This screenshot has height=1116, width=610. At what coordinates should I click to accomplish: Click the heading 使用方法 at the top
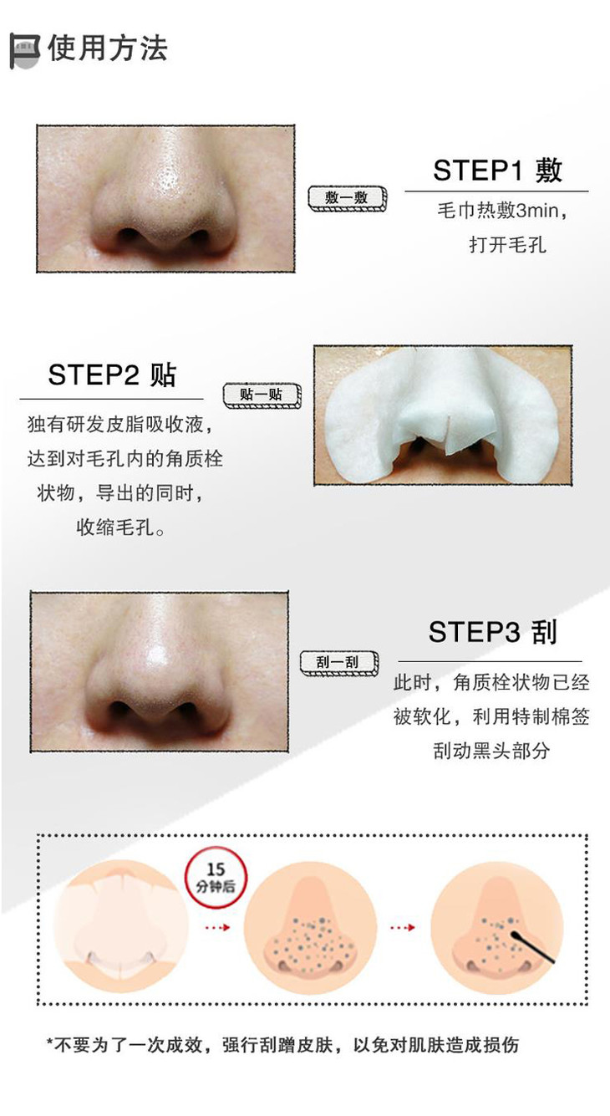[x=108, y=49]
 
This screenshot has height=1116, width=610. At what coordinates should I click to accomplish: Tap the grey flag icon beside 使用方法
[x=25, y=51]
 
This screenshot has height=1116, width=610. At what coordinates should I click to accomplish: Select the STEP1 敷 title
[x=497, y=171]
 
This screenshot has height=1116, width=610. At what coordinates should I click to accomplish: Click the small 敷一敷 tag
[x=347, y=199]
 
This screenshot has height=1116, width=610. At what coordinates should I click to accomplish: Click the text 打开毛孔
[x=507, y=245]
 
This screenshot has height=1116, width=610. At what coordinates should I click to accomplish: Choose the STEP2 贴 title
[x=112, y=375]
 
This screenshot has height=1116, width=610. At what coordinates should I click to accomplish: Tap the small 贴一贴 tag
[x=262, y=395]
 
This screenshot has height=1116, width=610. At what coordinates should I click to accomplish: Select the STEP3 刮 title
[x=492, y=632]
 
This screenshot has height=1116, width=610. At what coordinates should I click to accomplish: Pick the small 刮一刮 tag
[x=338, y=663]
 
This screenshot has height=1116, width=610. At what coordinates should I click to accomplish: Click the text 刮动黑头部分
[x=491, y=751]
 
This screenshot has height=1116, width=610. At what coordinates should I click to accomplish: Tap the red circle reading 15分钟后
[x=216, y=878]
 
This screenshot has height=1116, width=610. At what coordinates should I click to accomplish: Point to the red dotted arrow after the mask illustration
[x=217, y=928]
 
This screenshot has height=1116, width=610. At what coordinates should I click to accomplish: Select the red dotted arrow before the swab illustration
[x=403, y=928]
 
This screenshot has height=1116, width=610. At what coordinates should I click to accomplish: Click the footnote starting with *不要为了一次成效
[x=282, y=1045]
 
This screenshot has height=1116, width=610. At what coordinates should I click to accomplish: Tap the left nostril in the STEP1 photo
[x=128, y=234]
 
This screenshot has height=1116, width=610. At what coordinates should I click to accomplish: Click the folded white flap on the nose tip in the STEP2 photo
[x=454, y=436]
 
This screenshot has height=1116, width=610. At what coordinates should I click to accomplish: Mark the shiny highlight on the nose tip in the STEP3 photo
[x=159, y=655]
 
